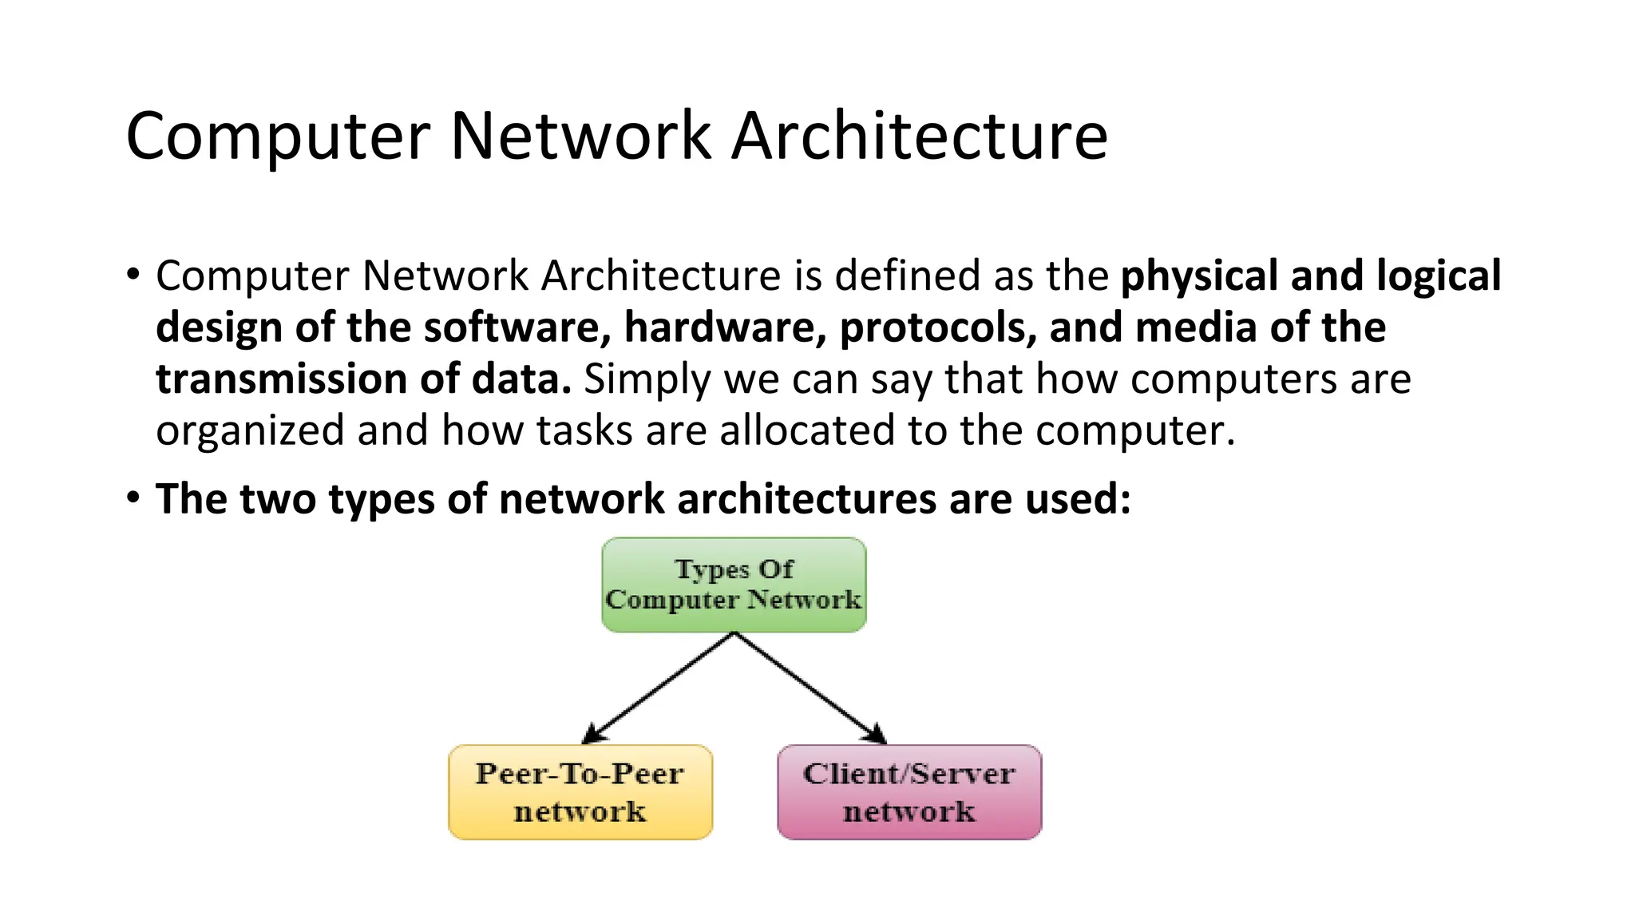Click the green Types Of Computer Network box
click(734, 585)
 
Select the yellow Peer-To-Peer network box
click(580, 792)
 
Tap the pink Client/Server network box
click(909, 792)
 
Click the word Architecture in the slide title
click(919, 136)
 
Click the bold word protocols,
click(937, 328)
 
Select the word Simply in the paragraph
click(647, 380)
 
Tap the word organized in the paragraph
click(249, 432)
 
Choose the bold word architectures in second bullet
click(806, 499)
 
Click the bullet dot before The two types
click(133, 498)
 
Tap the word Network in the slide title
click(580, 136)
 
